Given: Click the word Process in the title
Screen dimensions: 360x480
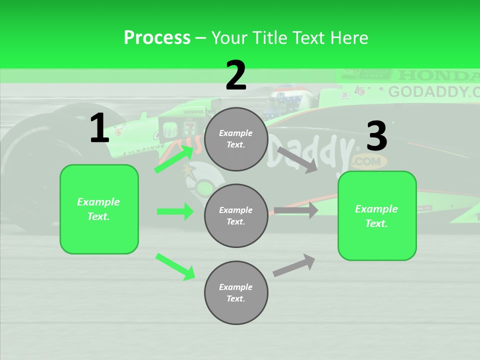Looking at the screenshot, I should [157, 38].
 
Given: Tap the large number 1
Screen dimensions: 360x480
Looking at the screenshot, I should [99, 128].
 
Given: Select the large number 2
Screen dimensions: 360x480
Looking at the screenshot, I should [236, 75].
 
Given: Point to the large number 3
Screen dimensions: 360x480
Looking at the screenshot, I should [376, 136].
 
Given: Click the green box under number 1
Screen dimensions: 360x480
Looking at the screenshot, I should [99, 209].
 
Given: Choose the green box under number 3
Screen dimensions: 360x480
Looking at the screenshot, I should [377, 215].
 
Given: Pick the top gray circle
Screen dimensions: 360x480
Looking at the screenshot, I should [236, 139].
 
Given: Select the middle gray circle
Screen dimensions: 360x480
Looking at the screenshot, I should [236, 215].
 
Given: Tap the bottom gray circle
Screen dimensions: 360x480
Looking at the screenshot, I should [236, 292].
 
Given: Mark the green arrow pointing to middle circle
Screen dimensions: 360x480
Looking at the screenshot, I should [175, 211].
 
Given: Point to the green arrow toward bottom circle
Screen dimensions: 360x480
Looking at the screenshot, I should [175, 266].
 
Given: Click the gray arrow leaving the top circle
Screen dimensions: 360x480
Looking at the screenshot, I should [297, 159].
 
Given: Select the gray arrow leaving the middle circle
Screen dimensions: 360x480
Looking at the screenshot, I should [296, 210].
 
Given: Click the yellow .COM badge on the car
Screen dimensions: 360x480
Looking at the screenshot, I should [369, 161].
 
